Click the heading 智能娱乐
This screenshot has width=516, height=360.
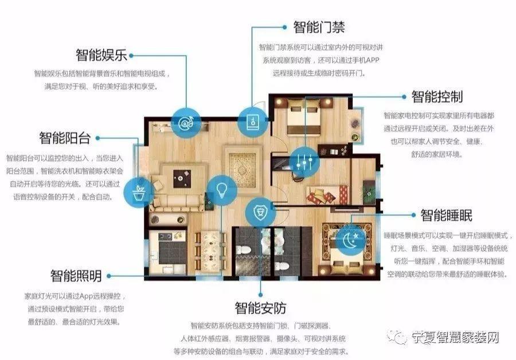point(101,55)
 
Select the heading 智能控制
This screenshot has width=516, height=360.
point(437,96)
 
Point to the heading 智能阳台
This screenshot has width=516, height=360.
point(65,138)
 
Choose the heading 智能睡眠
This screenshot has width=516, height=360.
point(447,215)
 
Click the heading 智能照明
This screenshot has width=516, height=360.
point(76,276)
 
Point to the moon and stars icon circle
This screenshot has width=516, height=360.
point(349,238)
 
